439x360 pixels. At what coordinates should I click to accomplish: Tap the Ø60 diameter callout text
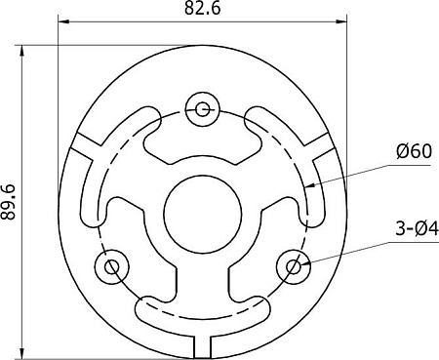point(415,151)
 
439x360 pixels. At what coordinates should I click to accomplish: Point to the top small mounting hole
point(203,108)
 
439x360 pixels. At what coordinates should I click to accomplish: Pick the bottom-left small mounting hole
point(111,264)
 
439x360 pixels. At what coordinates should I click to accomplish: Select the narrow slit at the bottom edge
point(203,345)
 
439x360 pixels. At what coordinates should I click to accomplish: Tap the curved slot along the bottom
point(203,313)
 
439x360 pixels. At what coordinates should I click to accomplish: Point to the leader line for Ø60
point(351,171)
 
